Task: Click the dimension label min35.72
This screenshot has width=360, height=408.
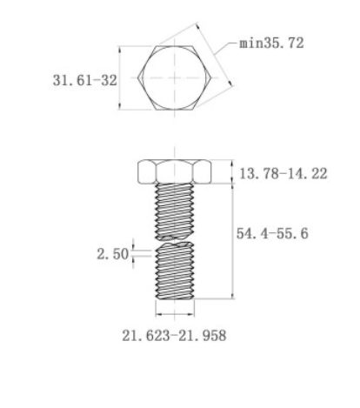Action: (271, 43)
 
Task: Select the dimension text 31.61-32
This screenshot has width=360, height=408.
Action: (83, 79)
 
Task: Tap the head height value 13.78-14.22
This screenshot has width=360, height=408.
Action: (283, 174)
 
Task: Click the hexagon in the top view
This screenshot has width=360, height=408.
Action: (174, 77)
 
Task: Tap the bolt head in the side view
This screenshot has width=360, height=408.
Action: (174, 172)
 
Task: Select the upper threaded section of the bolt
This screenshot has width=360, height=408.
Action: (174, 209)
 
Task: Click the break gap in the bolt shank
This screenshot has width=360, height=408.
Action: (174, 239)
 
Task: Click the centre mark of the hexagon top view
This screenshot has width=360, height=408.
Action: (174, 77)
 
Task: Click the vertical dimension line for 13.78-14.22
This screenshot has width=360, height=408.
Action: (232, 172)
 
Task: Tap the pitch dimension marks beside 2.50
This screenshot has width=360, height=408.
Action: (133, 253)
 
